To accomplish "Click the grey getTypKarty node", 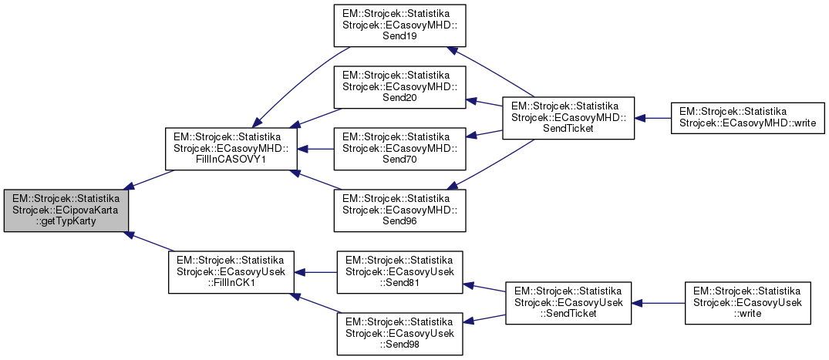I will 65,210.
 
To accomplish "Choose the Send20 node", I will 399,86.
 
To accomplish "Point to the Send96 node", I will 399,208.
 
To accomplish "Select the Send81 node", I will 399,271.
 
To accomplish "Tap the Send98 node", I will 399,332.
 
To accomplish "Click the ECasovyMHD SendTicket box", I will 568,118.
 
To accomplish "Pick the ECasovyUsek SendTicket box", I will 568,302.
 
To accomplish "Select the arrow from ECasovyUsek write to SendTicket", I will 659,302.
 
